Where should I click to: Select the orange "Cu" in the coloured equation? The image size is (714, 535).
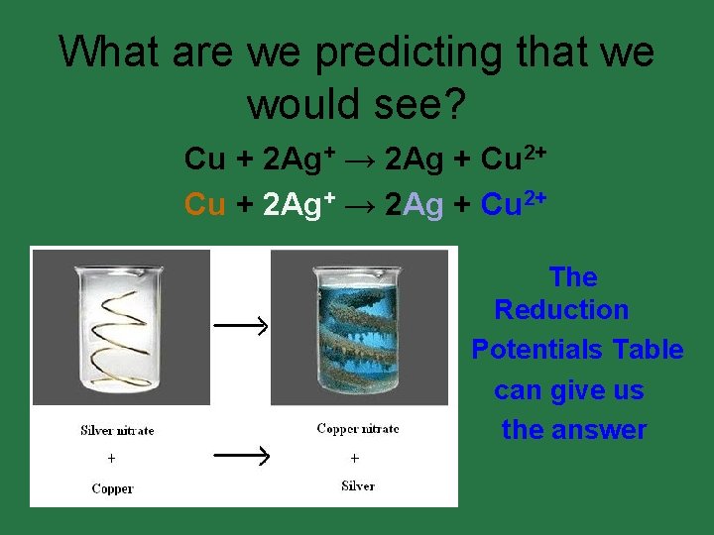[205, 204]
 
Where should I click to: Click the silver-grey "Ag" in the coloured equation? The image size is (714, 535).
[423, 204]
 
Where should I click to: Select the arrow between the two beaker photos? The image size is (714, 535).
[242, 325]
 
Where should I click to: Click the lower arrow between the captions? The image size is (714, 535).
[242, 456]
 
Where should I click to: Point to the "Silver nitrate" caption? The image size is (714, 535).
[117, 430]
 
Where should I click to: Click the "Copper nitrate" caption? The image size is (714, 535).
[358, 429]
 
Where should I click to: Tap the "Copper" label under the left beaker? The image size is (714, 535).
[112, 488]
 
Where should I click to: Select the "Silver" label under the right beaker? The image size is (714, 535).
[358, 485]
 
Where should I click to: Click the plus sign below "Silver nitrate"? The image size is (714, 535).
[111, 459]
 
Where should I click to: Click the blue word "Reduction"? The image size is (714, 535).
[561, 310]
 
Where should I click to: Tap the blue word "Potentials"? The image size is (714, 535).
[536, 350]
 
